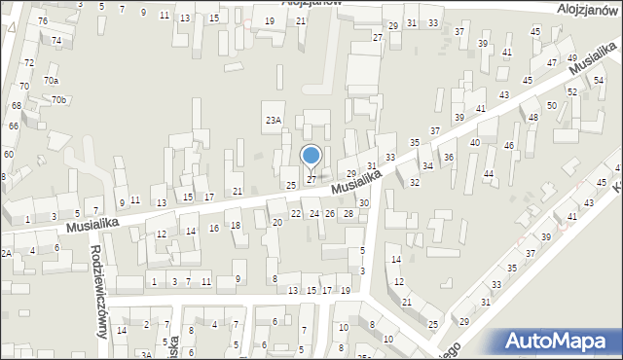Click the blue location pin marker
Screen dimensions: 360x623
pos(311,156)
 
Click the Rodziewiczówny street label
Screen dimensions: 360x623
pos(98,288)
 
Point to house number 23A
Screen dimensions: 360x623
pos(274,120)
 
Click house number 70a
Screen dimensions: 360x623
pos(51,81)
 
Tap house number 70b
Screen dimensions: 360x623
pos(59,100)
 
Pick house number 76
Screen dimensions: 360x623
pos(42,20)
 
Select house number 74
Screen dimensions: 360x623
pos(56,41)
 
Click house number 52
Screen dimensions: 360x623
pos(572,91)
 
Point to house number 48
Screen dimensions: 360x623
pos(533,118)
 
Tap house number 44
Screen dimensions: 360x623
pos(489,174)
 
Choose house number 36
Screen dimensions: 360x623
pos(449,157)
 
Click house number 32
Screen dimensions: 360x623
pos(415,182)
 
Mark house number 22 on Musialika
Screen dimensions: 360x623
pos(296,213)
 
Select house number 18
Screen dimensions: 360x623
pos(236,226)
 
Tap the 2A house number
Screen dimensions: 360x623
pos(6,253)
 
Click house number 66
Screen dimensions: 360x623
pos(14,126)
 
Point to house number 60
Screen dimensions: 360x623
pos(8,154)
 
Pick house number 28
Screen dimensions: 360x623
pos(348,213)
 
